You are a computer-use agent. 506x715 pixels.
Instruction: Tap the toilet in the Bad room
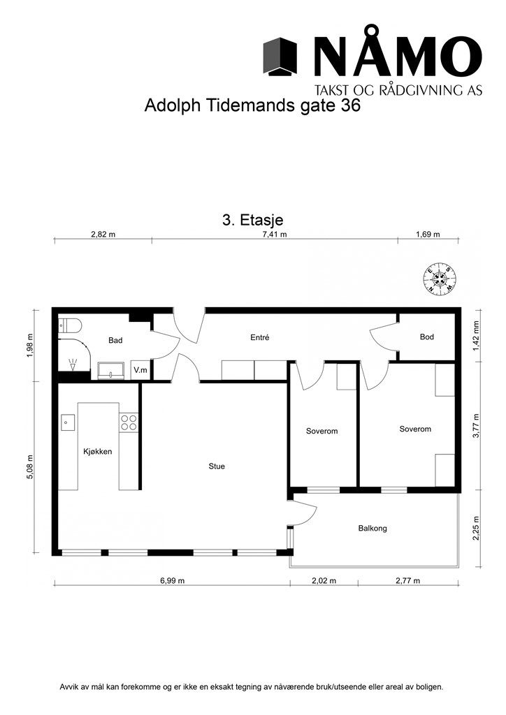pyautogui.click(x=71, y=325)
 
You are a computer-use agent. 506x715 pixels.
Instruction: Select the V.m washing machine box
pyautogui.click(x=140, y=370)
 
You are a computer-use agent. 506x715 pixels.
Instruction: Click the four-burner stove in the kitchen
pyautogui.click(x=129, y=422)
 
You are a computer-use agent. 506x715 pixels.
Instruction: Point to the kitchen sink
pyautogui.click(x=68, y=422)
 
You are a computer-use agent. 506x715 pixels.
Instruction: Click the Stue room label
pyautogui.click(x=217, y=466)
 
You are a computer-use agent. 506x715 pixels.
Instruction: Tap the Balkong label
pyautogui.click(x=373, y=529)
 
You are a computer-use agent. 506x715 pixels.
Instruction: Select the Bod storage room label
pyautogui.click(x=426, y=337)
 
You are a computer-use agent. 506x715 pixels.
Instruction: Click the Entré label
pyautogui.click(x=259, y=337)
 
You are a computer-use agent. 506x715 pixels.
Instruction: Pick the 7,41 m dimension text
pyautogui.click(x=274, y=235)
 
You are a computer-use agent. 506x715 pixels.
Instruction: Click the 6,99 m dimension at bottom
pyautogui.click(x=172, y=581)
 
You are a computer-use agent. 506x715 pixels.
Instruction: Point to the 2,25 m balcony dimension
pyautogui.click(x=477, y=529)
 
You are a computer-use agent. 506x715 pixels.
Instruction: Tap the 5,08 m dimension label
pyautogui.click(x=30, y=467)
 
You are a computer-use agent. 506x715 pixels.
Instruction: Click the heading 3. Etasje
pyautogui.click(x=252, y=220)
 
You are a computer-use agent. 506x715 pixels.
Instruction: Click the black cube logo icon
pyautogui.click(x=280, y=57)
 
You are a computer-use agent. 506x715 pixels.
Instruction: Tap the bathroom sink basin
pyautogui.click(x=111, y=371)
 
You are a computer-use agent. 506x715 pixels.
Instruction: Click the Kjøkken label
pyautogui.click(x=98, y=452)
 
